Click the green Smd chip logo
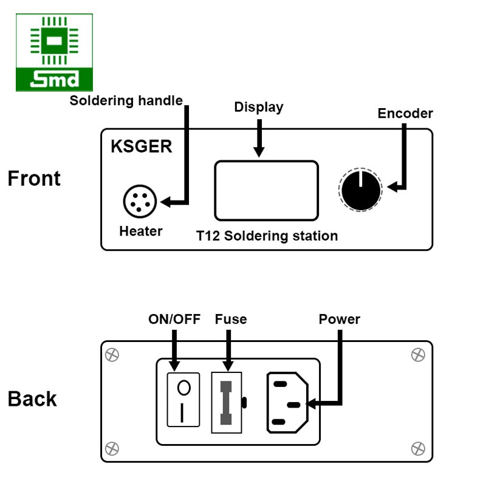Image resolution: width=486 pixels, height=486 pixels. point(55,53)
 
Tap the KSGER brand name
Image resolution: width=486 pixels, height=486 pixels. point(142,146)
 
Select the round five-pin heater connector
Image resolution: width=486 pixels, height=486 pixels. point(140,201)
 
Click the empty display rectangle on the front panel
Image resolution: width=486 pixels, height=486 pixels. point(266,190)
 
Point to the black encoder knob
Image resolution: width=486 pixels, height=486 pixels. point(360,190)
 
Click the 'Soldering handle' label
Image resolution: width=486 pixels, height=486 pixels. point(126,101)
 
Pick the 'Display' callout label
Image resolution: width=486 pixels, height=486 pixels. point(259,108)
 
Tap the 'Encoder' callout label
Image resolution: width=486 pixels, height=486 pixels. point(405,114)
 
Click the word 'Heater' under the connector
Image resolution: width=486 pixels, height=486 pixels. point(141,231)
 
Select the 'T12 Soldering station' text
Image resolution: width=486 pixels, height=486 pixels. point(267,236)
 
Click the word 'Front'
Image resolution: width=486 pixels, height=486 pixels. point(35,179)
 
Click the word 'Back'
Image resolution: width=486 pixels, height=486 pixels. point(32,399)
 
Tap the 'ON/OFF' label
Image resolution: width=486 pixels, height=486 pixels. point(174,319)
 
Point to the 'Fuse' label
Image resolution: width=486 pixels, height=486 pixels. point(231,319)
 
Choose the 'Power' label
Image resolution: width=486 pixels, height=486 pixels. point(340,319)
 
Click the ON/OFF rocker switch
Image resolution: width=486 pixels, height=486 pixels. point(183,400)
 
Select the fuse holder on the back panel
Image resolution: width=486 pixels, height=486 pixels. point(227,402)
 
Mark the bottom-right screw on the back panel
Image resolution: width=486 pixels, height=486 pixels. point(418,448)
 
